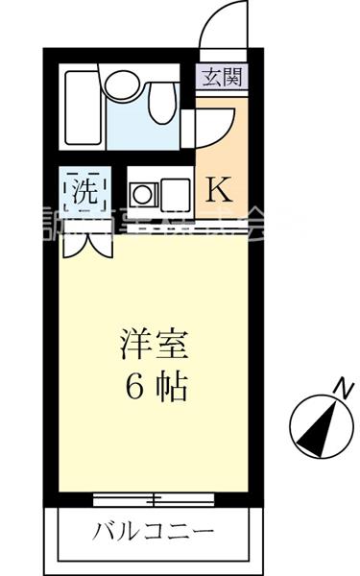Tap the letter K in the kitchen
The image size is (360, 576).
[x=219, y=188]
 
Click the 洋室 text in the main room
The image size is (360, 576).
[x=153, y=344]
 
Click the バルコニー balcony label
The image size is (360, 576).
[x=154, y=530]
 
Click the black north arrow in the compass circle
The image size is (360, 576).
[x=321, y=426]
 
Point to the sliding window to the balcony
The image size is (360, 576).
[x=154, y=497]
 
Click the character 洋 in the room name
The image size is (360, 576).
[x=135, y=344]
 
